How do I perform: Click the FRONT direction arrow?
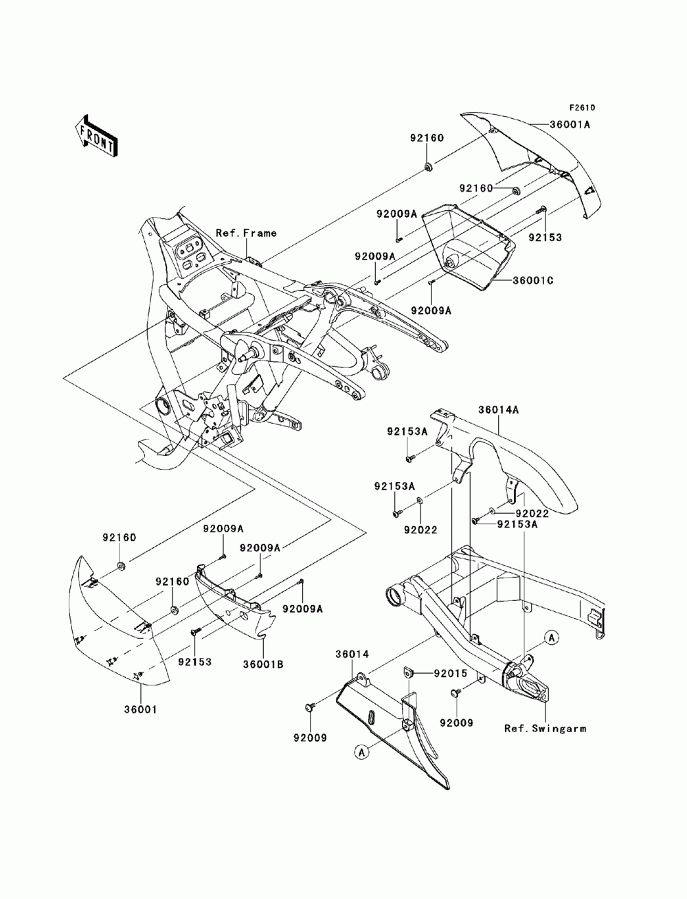[96, 135]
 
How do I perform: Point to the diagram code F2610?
[581, 108]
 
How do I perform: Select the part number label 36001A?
[589, 125]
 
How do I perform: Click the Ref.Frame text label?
[247, 233]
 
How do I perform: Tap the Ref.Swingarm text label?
[545, 729]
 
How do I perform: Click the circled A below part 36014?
[361, 753]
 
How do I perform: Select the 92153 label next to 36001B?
[195, 663]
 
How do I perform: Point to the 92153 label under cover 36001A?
[545, 238]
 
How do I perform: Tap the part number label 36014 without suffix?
[352, 655]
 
